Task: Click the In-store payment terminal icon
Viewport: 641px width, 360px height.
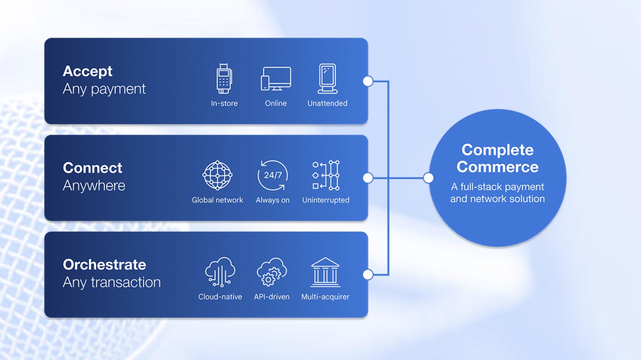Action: coord(224,79)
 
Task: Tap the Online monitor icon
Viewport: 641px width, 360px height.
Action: coord(276,79)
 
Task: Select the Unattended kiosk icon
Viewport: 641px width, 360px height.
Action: coord(327,79)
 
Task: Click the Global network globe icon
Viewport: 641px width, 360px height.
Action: coord(217,175)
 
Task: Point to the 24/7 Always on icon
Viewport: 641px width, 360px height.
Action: coord(272,175)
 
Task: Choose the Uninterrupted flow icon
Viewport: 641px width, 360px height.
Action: coord(326,175)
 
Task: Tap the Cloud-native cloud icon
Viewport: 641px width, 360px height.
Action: coord(220,272)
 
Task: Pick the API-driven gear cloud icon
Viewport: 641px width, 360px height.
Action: coord(272,272)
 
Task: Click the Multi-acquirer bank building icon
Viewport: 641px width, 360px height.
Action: coord(325,272)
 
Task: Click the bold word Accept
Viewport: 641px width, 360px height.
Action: coord(87,71)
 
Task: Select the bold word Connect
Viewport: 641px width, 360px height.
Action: coord(92,168)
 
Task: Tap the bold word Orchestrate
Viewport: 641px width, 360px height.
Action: coord(104,264)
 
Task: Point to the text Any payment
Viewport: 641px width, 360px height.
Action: coord(104,89)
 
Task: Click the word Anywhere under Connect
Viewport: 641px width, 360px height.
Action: coord(94,185)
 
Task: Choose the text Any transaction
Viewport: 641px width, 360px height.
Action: coord(112,282)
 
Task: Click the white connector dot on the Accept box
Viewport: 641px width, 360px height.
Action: coord(368,81)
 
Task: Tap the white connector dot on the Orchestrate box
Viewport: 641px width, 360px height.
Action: coord(368,274)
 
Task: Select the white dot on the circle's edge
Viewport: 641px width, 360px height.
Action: coord(428,178)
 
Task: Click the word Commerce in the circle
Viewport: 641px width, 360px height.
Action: coord(497,167)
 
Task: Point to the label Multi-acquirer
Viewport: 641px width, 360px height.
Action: coord(325,297)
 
